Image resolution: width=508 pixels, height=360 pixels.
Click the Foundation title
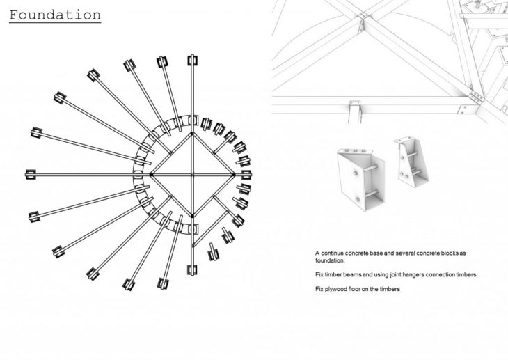tap(55, 15)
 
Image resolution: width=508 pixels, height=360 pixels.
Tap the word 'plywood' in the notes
tap(336, 289)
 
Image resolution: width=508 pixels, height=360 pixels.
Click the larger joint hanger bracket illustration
tap(360, 179)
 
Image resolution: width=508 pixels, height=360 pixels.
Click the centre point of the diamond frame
tap(193, 175)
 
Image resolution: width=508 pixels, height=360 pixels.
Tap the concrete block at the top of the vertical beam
tap(193, 61)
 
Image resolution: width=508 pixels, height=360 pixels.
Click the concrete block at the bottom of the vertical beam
tap(192, 269)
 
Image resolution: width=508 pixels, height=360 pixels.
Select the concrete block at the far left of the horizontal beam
tap(31, 175)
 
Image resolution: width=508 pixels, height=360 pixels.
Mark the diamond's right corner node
tap(234, 175)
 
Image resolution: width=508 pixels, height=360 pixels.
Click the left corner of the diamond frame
tap(151, 175)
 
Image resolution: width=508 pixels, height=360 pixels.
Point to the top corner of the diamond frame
tap(193, 133)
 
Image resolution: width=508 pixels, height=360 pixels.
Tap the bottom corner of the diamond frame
tap(193, 216)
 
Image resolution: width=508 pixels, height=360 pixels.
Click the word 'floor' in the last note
tap(354, 289)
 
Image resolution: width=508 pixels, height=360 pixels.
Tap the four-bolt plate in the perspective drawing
tap(476, 97)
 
